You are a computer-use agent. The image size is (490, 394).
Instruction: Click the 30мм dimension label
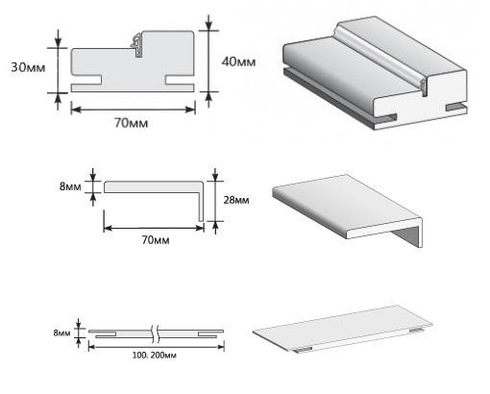click(x=28, y=67)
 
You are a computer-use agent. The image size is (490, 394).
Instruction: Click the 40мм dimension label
click(x=239, y=62)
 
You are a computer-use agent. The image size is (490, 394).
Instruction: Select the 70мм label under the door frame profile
click(x=132, y=123)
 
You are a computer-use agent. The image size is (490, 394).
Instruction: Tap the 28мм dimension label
click(x=236, y=200)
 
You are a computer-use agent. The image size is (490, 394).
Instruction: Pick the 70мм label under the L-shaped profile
click(x=156, y=240)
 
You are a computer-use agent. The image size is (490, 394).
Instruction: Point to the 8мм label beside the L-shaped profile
click(x=70, y=186)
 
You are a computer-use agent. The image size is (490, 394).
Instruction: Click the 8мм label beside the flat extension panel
click(x=61, y=333)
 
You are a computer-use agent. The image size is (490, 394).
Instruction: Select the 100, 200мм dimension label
click(x=155, y=356)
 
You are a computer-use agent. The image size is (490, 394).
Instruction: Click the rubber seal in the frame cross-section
click(x=136, y=46)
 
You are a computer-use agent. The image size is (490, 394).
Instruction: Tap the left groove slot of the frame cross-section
click(x=86, y=80)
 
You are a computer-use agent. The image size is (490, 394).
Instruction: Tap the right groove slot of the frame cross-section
click(x=180, y=80)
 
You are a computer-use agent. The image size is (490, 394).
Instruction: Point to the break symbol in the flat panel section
click(x=156, y=333)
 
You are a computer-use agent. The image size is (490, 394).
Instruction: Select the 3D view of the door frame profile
click(x=375, y=73)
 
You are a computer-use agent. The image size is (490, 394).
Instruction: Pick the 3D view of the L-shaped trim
click(x=348, y=210)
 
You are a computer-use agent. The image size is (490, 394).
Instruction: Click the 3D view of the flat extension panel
click(x=343, y=330)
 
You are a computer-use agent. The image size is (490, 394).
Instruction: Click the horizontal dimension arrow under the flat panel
click(x=157, y=347)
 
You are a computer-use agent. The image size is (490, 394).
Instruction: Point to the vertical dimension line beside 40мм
click(x=208, y=61)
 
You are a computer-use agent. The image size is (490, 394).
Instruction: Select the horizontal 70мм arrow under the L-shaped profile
click(x=154, y=228)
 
